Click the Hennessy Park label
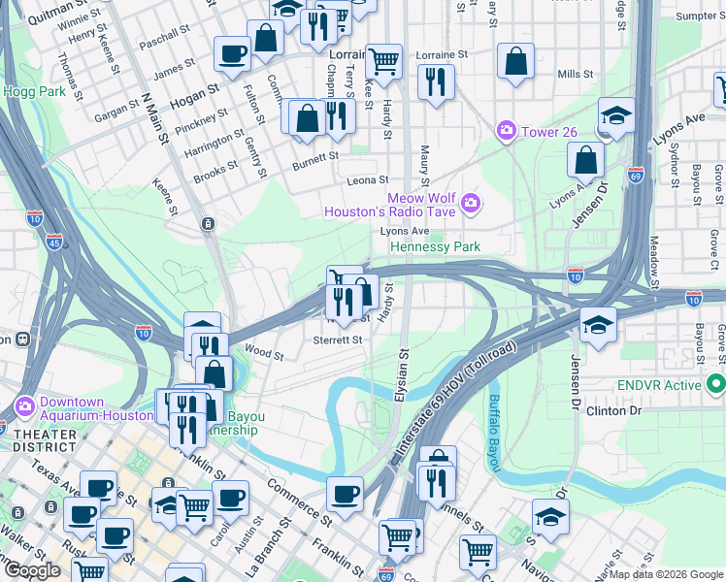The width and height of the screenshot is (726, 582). [x=435, y=247]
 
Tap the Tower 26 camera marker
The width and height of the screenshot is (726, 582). [x=506, y=130]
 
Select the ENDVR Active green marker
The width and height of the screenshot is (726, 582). [x=716, y=384]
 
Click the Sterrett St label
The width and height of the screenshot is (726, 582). [x=337, y=340]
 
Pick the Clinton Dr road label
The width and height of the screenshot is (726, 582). [x=614, y=411]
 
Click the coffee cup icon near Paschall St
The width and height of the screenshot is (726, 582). [x=231, y=53]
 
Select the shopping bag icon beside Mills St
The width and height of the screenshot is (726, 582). [x=515, y=60]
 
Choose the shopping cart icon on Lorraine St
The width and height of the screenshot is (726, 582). [x=383, y=61]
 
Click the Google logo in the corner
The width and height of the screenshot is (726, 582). [x=31, y=570]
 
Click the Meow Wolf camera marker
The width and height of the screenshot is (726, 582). [x=471, y=202]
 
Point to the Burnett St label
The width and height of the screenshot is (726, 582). [x=318, y=155]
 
